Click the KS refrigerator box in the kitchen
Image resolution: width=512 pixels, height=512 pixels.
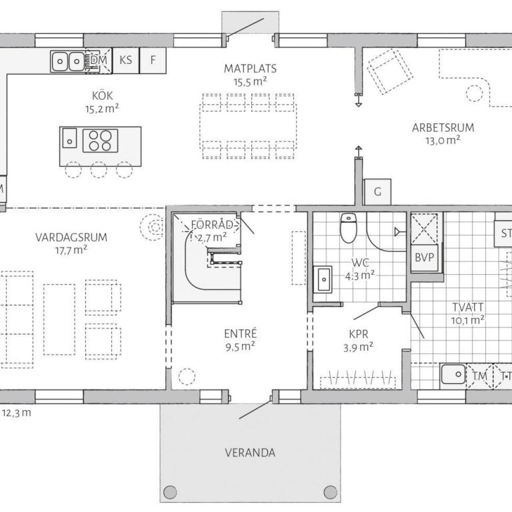click(126, 61)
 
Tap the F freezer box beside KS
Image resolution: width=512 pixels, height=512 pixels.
click(153, 61)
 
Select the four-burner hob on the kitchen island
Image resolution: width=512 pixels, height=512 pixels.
click(100, 141)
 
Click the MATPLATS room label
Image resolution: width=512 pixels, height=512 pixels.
click(250, 69)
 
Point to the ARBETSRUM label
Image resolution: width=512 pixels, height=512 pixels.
click(443, 128)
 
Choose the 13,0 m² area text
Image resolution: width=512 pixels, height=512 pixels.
click(443, 141)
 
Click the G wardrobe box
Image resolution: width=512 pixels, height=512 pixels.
click(377, 192)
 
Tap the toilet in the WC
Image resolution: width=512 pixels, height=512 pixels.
click(348, 227)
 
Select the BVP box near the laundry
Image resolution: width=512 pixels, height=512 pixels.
click(424, 257)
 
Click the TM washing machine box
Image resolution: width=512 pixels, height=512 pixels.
click(479, 376)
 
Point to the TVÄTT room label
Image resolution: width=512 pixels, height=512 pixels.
click(467, 307)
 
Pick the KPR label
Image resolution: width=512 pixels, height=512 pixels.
click(359, 335)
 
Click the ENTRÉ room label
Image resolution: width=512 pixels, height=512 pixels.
click(240, 334)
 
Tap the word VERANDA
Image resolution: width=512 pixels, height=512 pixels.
click(250, 453)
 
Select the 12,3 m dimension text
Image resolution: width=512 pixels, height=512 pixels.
click(16, 413)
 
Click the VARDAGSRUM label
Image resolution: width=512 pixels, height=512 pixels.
click(71, 237)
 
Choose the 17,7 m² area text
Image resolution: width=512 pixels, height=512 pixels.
click(71, 251)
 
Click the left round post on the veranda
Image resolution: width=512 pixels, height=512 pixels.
click(170, 492)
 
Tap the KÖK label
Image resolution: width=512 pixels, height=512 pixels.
click(102, 96)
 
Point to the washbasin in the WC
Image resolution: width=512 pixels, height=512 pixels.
click(323, 279)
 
